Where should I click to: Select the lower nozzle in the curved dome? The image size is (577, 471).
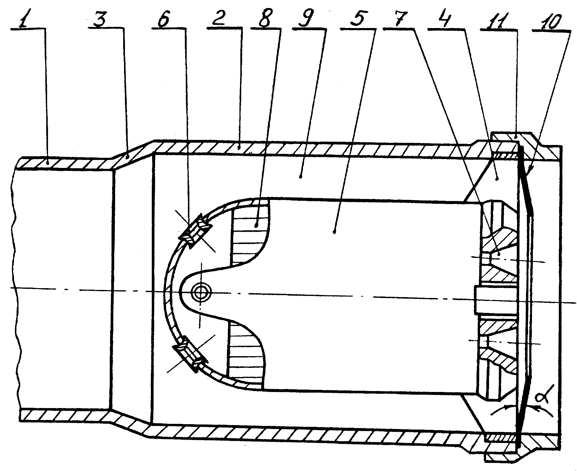tap(190, 354)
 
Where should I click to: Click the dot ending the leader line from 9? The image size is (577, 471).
tap(301, 177)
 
